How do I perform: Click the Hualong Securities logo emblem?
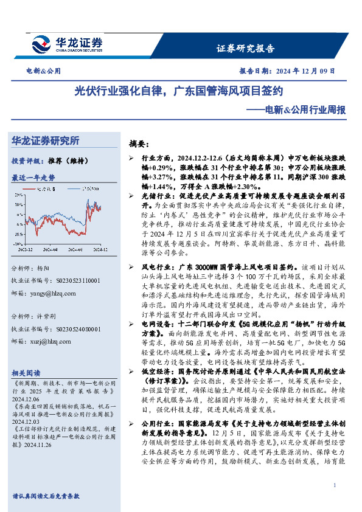tap(42, 44)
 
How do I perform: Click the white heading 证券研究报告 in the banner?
tap(245, 49)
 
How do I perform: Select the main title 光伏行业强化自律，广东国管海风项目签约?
tap(179, 92)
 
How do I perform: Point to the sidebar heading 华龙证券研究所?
tap(46, 140)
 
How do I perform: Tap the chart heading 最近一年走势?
tap(33, 178)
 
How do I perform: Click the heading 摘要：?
tap(140, 144)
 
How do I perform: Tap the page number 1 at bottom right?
tap(335, 485)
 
